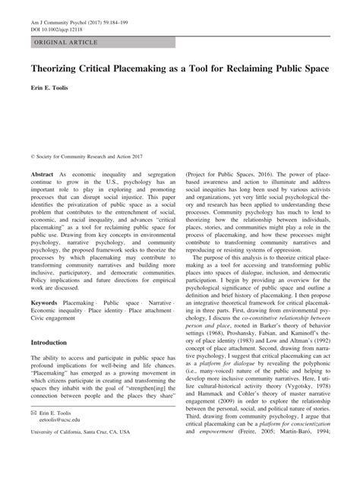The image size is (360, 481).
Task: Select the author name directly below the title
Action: point(51,89)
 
